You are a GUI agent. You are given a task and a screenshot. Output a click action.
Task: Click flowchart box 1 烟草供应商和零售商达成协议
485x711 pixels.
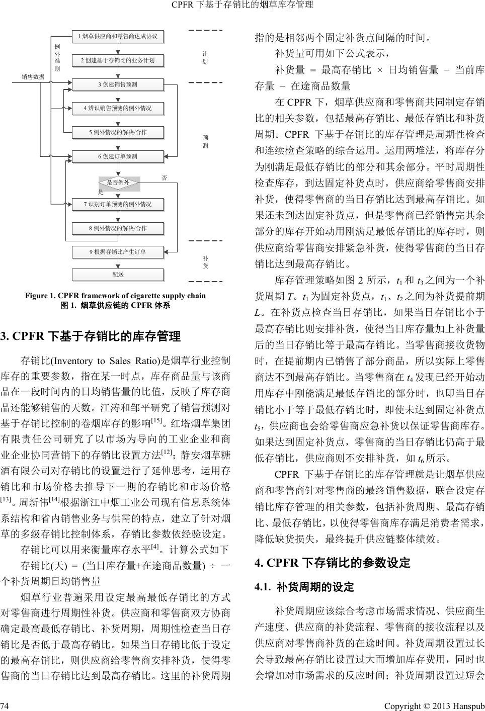(x=118, y=36)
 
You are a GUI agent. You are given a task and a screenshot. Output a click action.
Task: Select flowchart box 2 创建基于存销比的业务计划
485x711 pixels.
(x=118, y=60)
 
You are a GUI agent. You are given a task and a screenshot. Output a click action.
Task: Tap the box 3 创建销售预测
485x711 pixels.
(x=118, y=84)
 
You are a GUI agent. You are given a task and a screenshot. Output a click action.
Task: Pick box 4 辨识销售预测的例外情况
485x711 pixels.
(x=118, y=108)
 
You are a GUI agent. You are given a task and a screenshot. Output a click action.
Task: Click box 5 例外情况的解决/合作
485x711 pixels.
(x=118, y=132)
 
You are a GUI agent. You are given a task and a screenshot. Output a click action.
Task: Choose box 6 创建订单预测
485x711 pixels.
(x=118, y=156)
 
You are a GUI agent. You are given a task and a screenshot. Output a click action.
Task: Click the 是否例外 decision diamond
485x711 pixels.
(x=118, y=183)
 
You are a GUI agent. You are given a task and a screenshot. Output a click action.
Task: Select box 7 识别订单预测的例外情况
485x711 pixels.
(x=118, y=204)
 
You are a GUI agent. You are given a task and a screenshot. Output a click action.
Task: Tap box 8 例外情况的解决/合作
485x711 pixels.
(x=118, y=228)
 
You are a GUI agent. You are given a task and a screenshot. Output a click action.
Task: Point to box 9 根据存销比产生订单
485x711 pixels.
(x=118, y=252)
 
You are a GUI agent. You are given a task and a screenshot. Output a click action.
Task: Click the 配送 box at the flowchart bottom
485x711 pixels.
(x=118, y=275)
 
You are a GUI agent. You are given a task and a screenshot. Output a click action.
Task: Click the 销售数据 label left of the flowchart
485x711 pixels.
(x=33, y=77)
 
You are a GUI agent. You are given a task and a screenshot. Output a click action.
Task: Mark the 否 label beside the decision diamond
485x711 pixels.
(x=164, y=178)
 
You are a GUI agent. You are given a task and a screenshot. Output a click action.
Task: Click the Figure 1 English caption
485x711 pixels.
(x=115, y=296)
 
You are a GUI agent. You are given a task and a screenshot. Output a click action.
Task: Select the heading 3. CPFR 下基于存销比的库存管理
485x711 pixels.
(x=91, y=335)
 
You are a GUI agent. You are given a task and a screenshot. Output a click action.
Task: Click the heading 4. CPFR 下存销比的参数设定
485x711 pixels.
(x=333, y=562)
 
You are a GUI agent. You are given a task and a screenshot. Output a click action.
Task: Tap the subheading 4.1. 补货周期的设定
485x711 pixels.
(x=305, y=586)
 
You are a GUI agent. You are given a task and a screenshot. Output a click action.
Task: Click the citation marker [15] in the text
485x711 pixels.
(x=156, y=420)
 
